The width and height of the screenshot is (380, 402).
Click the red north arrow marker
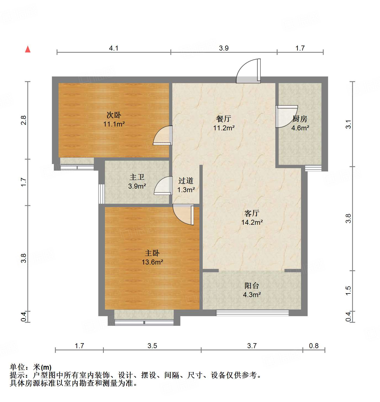point(28,49)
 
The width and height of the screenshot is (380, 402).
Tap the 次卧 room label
point(114,115)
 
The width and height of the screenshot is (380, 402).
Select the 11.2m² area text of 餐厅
point(224,128)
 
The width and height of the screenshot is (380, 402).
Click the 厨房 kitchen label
point(300,119)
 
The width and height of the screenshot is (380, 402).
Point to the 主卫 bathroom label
point(137,177)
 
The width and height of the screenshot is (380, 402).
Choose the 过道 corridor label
point(186,181)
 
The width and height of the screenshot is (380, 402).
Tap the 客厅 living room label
point(252,213)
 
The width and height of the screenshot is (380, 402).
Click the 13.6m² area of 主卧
point(152,262)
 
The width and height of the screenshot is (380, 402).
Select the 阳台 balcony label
point(252,286)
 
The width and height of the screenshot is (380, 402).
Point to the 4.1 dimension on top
point(114,48)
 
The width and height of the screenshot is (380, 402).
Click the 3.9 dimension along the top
point(224,48)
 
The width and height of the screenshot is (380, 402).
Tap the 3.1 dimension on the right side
point(349,124)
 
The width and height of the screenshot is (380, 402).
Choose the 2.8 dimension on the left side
point(24,120)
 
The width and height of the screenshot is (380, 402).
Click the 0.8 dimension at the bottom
point(314,346)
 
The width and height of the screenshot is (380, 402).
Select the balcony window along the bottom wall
point(252,313)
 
